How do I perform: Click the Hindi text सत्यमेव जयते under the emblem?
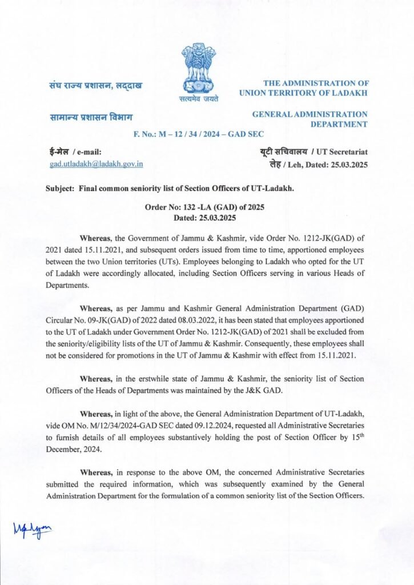(199, 99)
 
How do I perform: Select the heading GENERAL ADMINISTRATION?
(310, 114)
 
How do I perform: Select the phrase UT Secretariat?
(342, 152)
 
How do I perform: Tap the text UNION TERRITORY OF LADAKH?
(304, 93)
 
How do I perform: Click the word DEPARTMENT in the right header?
(339, 123)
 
